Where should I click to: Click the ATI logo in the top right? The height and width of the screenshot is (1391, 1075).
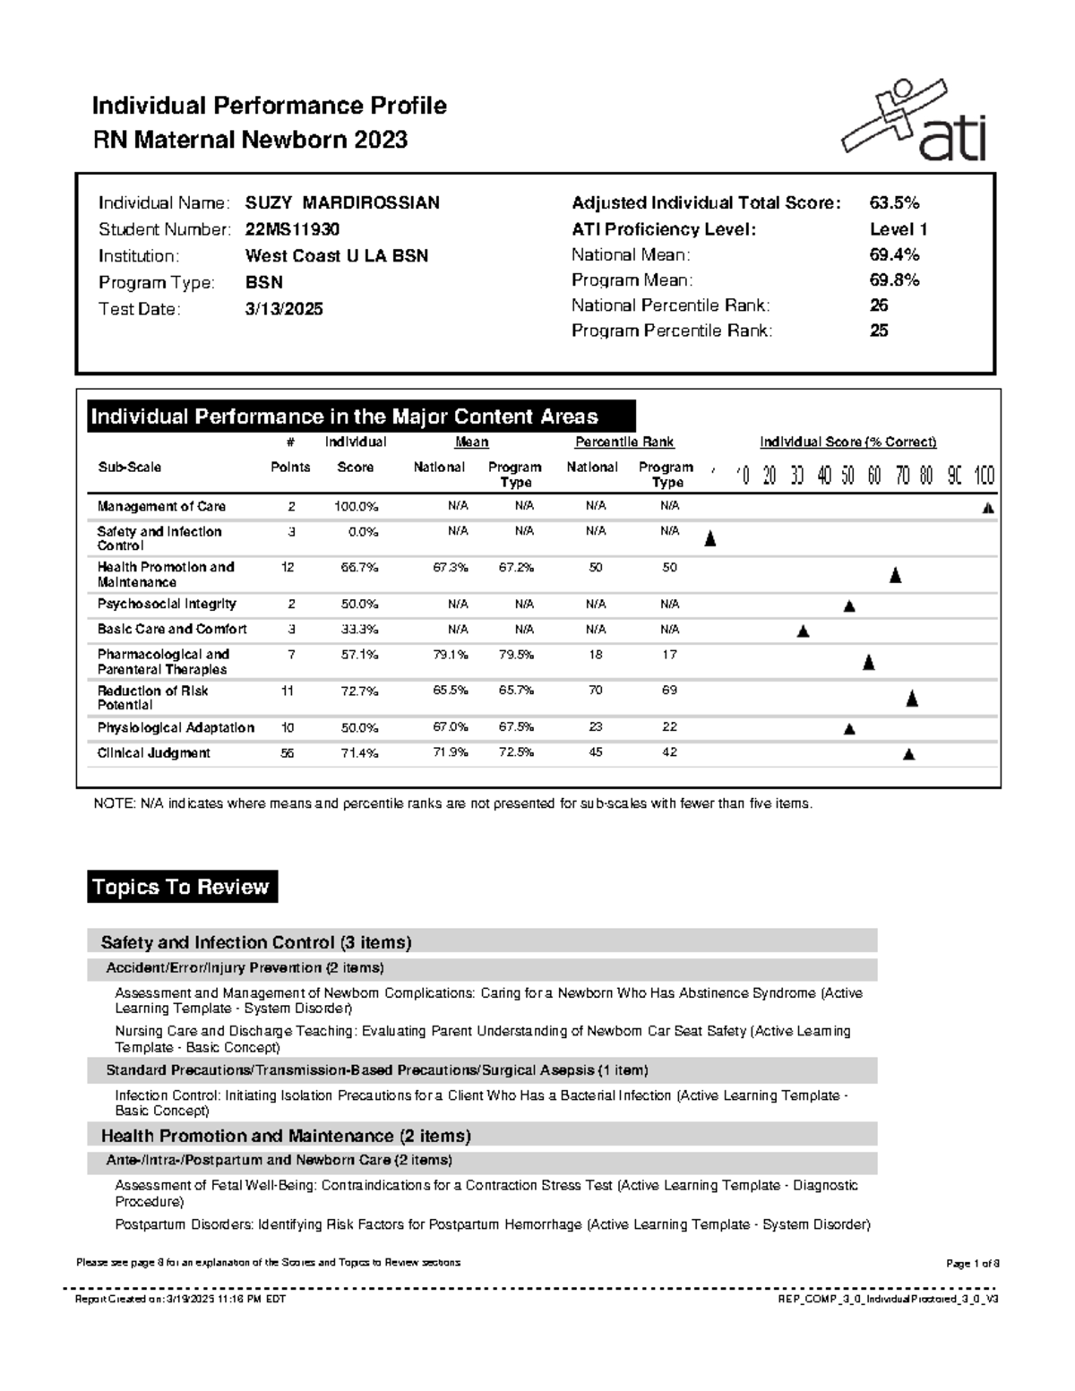[914, 121]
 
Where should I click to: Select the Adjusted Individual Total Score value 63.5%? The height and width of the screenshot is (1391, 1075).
[894, 203]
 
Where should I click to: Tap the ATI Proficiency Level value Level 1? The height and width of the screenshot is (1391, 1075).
[899, 229]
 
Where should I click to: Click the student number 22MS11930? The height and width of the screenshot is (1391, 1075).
[292, 229]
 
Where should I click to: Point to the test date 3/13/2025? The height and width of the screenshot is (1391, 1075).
[284, 309]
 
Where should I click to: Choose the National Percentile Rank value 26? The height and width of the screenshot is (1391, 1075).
[879, 305]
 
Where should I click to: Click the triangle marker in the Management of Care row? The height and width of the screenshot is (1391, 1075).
[988, 508]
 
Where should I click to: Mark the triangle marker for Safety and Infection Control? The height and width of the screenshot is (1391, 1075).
[710, 538]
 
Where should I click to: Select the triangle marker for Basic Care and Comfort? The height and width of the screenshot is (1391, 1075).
[803, 631]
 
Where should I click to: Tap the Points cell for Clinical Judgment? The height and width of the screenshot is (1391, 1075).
[287, 753]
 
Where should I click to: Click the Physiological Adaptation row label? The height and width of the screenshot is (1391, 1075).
[176, 728]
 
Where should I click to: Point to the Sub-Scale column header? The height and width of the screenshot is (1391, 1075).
[129, 468]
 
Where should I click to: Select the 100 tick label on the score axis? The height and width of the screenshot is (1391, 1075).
[984, 476]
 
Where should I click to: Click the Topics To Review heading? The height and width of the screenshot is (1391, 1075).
[182, 887]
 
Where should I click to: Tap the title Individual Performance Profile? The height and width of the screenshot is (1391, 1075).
[269, 106]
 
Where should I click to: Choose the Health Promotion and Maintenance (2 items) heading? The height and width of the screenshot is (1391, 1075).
[286, 1136]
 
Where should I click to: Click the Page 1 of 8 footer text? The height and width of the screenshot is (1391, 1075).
[972, 1263]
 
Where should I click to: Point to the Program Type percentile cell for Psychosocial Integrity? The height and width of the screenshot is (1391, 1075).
[669, 605]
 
